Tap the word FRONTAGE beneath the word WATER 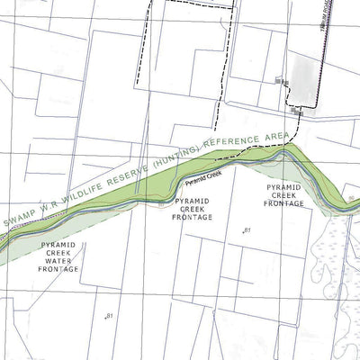coord(60,269)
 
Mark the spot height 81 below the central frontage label coord(245,232)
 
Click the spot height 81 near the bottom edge coord(109,316)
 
